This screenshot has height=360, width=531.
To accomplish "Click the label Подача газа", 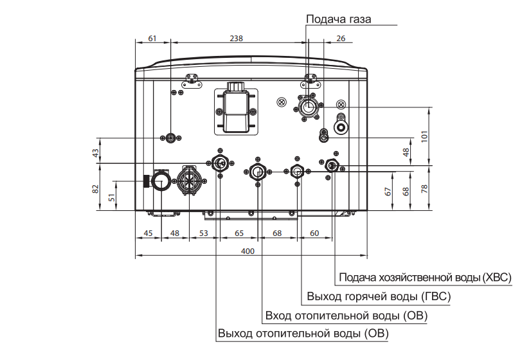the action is point(338,19).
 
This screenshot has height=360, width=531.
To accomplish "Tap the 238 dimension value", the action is point(236,39).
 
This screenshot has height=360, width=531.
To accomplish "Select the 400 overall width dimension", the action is point(248,251).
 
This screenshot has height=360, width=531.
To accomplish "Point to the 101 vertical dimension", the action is point(424,136).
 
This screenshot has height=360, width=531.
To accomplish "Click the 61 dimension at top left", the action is point(152,39).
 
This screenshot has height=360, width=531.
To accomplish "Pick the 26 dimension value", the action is point(341,39).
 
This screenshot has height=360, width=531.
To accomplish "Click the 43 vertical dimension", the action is point(96,153).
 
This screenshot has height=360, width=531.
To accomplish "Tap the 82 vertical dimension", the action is point(96,189).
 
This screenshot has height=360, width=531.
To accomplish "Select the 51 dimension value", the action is point(112,197).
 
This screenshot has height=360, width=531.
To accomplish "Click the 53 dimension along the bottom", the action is point(204,233).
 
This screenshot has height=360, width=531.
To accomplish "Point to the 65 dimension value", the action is point(239,233).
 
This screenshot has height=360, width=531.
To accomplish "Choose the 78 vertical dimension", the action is point(424,189).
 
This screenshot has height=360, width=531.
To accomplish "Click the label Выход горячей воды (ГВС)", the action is point(379,296).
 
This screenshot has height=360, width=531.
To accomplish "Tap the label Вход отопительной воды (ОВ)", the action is point(346,316).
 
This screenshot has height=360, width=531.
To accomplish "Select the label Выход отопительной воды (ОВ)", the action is point(303,334).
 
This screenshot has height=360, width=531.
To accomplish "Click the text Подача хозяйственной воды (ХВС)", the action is point(425,278).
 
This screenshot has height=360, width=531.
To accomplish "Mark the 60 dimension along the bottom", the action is point(314,233).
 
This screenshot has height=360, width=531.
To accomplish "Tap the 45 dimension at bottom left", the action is point(148,233).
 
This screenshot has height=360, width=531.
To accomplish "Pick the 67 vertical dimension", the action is point(388,192).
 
